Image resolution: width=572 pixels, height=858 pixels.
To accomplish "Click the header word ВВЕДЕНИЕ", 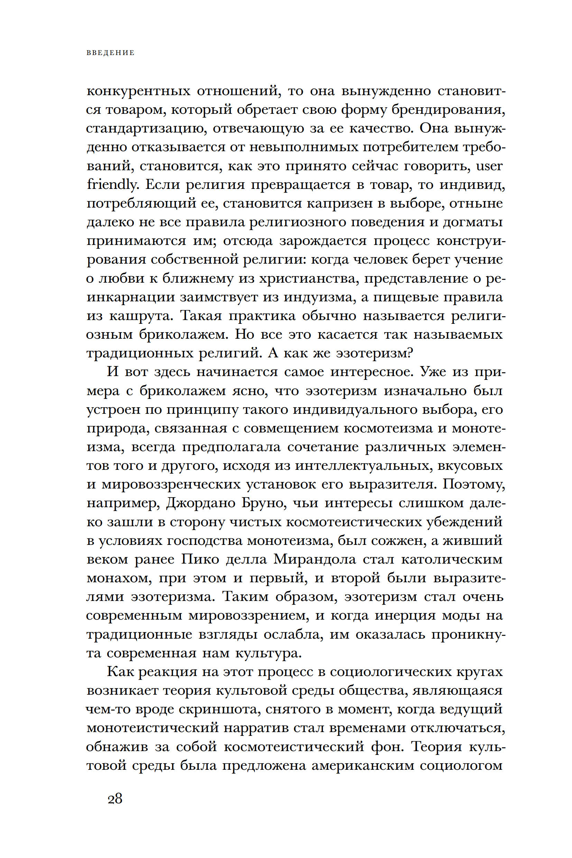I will click(111, 53).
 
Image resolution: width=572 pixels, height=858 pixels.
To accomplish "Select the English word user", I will click(490, 166).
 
